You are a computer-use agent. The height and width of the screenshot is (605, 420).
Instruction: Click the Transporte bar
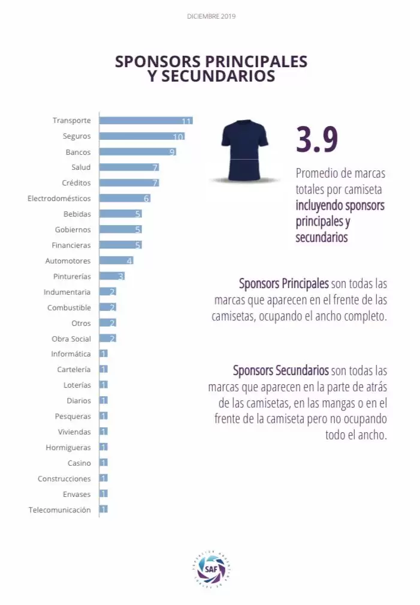point(146,121)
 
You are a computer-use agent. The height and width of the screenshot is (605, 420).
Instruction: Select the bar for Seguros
point(141,136)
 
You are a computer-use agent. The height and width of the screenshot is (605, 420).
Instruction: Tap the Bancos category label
point(78,152)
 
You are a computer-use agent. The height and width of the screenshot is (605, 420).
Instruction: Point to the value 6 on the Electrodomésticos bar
point(146,199)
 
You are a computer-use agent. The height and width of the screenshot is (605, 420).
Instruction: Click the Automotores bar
point(116,261)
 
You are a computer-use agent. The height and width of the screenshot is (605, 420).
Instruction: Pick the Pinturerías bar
point(111,277)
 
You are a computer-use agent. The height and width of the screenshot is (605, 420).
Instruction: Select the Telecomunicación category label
point(60,510)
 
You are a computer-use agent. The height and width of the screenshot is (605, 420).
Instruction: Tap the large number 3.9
point(317,139)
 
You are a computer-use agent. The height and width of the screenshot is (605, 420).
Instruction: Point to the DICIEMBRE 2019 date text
point(211,16)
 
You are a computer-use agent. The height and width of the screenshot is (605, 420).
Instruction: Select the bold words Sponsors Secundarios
point(280,370)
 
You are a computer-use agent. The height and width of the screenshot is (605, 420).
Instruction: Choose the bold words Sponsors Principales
point(283,283)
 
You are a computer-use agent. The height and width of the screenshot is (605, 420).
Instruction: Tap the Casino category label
point(79,463)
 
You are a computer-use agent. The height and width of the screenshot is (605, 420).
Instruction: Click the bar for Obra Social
point(107,339)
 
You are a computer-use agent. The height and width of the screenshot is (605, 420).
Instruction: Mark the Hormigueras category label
point(68,448)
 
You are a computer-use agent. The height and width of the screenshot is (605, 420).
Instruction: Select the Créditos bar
point(129,183)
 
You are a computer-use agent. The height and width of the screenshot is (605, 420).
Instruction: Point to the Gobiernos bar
point(120,230)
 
